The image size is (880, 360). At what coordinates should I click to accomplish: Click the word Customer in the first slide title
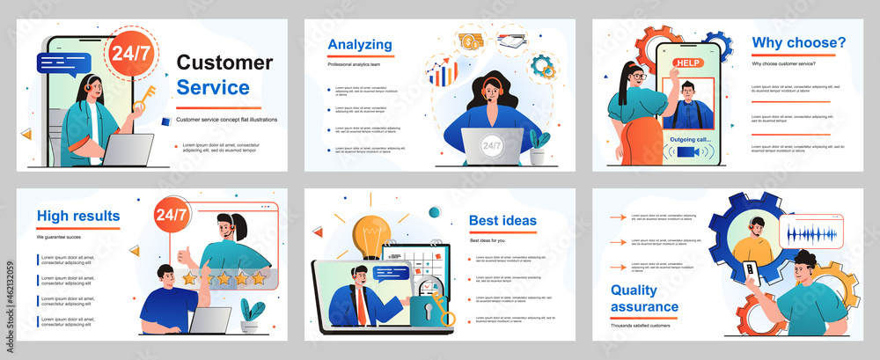(x=224, y=62)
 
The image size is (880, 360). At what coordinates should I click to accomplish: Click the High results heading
(x=78, y=216)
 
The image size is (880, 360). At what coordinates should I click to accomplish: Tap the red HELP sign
(x=688, y=63)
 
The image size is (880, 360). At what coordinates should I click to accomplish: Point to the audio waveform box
(x=810, y=236)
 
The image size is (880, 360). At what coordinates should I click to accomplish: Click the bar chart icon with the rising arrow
(x=442, y=73)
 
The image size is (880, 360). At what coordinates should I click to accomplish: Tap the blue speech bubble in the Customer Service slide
(x=58, y=62)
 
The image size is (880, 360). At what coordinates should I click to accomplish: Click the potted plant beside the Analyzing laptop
(x=539, y=147)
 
